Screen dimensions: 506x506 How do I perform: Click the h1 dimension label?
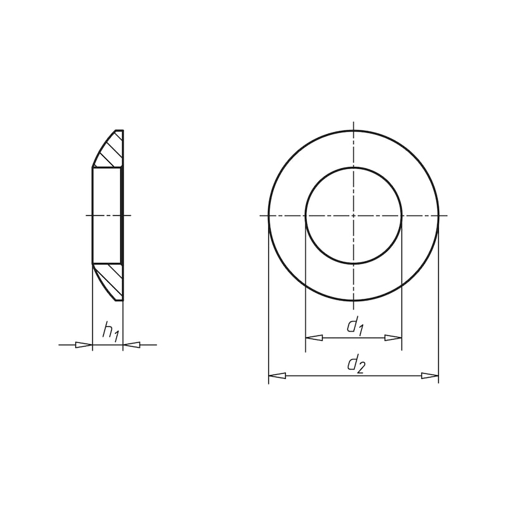click(110, 331)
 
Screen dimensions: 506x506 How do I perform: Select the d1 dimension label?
click(355, 326)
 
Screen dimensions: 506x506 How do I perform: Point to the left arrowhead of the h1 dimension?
click(83, 345)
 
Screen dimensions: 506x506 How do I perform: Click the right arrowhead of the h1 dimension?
click(132, 345)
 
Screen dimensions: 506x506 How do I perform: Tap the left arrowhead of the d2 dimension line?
click(277, 376)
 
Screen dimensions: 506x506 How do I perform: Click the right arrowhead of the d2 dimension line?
click(430, 376)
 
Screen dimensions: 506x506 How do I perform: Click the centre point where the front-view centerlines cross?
click(354, 216)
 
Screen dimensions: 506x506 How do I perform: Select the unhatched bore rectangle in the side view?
click(106, 216)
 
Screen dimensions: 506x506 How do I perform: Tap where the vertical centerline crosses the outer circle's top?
click(354, 130)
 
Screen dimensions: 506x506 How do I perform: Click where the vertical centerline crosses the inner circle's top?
click(354, 168)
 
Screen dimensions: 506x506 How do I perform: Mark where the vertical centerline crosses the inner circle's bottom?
click(354, 264)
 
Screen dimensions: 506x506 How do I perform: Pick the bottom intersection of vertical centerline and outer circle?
click(354, 301)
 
